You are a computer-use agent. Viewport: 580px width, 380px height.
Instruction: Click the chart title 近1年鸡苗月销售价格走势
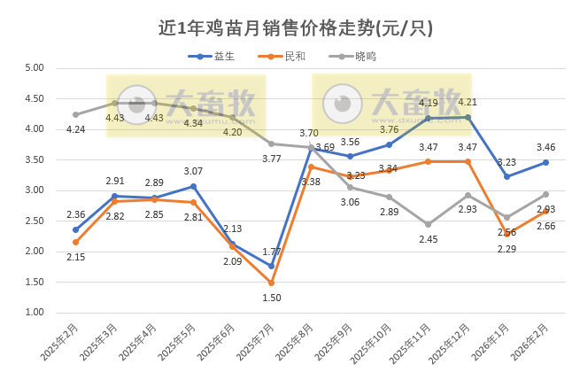pos(295,28)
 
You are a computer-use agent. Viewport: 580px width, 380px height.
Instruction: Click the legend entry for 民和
pos(284,56)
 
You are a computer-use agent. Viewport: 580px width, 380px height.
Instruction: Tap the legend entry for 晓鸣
pos(354,56)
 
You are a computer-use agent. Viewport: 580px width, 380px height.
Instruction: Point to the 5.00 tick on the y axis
pos(34,68)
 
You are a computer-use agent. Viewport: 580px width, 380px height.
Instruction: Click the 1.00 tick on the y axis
pos(34,313)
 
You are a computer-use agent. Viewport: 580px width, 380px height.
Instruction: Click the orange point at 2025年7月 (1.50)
pos(272,283)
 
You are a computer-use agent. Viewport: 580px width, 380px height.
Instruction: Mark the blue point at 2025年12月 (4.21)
pos(468,117)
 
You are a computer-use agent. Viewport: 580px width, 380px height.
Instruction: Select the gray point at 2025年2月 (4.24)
pos(75,114)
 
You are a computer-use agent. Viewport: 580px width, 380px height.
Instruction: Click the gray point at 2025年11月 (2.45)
pos(429,224)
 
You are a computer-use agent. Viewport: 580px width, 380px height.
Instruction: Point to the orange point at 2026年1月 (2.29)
pos(507,234)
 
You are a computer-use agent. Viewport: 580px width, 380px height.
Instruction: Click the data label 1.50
pos(272,298)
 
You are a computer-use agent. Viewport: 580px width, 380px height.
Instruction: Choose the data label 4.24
pos(76,129)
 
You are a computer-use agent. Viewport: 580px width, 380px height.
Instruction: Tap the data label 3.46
pos(546,147)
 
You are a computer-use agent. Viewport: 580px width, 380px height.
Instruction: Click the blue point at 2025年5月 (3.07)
pos(193,186)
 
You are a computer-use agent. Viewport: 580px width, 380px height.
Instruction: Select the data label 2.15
pos(76,257)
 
